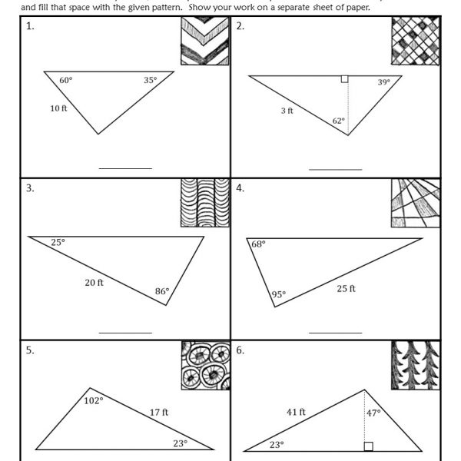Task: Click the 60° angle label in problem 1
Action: coord(65,79)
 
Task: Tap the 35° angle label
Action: coord(150,79)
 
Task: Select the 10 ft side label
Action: coord(58,108)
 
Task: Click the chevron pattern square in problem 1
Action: coord(204,42)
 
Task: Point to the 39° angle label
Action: coord(383,82)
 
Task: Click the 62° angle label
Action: coord(338,121)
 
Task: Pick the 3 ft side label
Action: coord(287,111)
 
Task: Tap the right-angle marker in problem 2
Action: coord(344,78)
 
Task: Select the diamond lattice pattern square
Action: coord(415,42)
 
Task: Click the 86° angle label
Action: coord(161,291)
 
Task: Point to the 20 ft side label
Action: coord(94,282)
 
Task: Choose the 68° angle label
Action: coord(258,244)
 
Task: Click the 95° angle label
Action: coord(278,294)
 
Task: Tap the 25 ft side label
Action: coord(346,288)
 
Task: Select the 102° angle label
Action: coord(94,400)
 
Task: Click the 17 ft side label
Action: coord(159,412)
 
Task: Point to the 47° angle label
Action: coord(373,413)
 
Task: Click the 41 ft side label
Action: coord(296,412)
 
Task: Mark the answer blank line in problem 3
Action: coord(125,333)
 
